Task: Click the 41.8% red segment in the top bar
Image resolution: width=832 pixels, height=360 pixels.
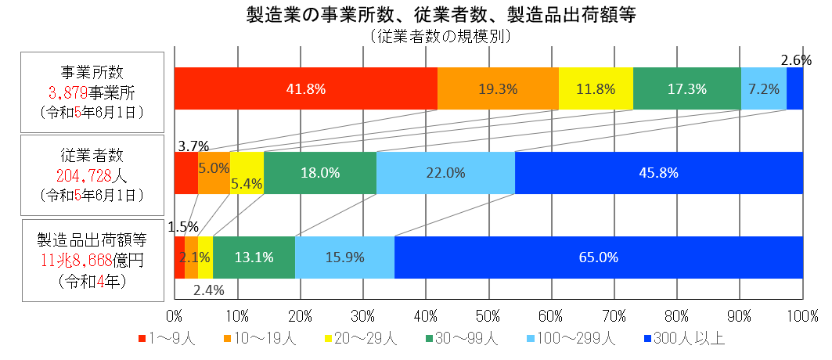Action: tap(305, 88)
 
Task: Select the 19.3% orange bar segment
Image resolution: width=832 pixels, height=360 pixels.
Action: tap(498, 88)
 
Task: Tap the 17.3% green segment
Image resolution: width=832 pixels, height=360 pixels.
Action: tap(686, 88)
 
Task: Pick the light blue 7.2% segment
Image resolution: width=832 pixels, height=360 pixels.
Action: tap(763, 88)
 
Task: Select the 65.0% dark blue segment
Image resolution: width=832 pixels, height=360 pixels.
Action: tap(599, 257)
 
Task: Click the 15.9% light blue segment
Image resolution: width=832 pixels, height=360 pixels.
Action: tap(344, 257)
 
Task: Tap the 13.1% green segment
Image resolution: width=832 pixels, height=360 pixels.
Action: tap(254, 257)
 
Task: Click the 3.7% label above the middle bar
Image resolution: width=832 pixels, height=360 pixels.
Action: tap(193, 146)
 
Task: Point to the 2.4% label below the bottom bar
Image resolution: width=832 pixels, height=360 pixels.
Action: tap(209, 290)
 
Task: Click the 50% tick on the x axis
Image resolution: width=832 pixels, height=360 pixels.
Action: tap(488, 316)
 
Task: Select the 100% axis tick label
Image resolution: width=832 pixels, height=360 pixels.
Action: tap(801, 316)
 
